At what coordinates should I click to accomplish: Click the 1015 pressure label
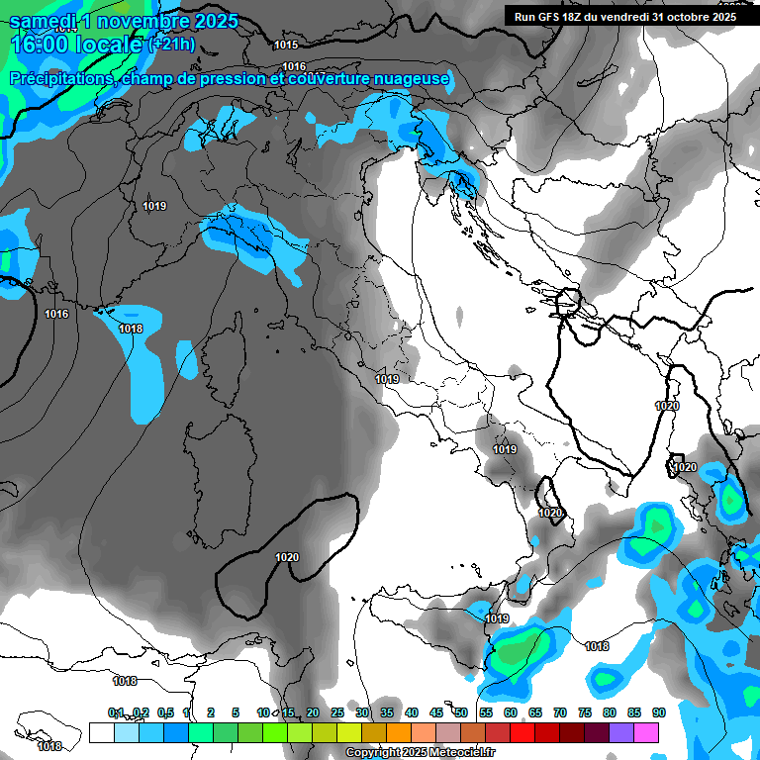[286, 45]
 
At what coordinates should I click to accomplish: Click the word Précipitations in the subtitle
[60, 78]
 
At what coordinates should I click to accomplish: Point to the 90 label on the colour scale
[658, 712]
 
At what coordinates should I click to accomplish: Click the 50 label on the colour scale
[461, 712]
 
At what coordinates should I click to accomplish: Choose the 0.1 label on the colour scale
[116, 712]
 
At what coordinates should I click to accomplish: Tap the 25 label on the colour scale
[336, 712]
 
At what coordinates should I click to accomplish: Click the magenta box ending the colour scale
[646, 732]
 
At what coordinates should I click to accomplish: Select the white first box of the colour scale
[101, 732]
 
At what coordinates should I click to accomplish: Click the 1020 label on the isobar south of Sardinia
[287, 557]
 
